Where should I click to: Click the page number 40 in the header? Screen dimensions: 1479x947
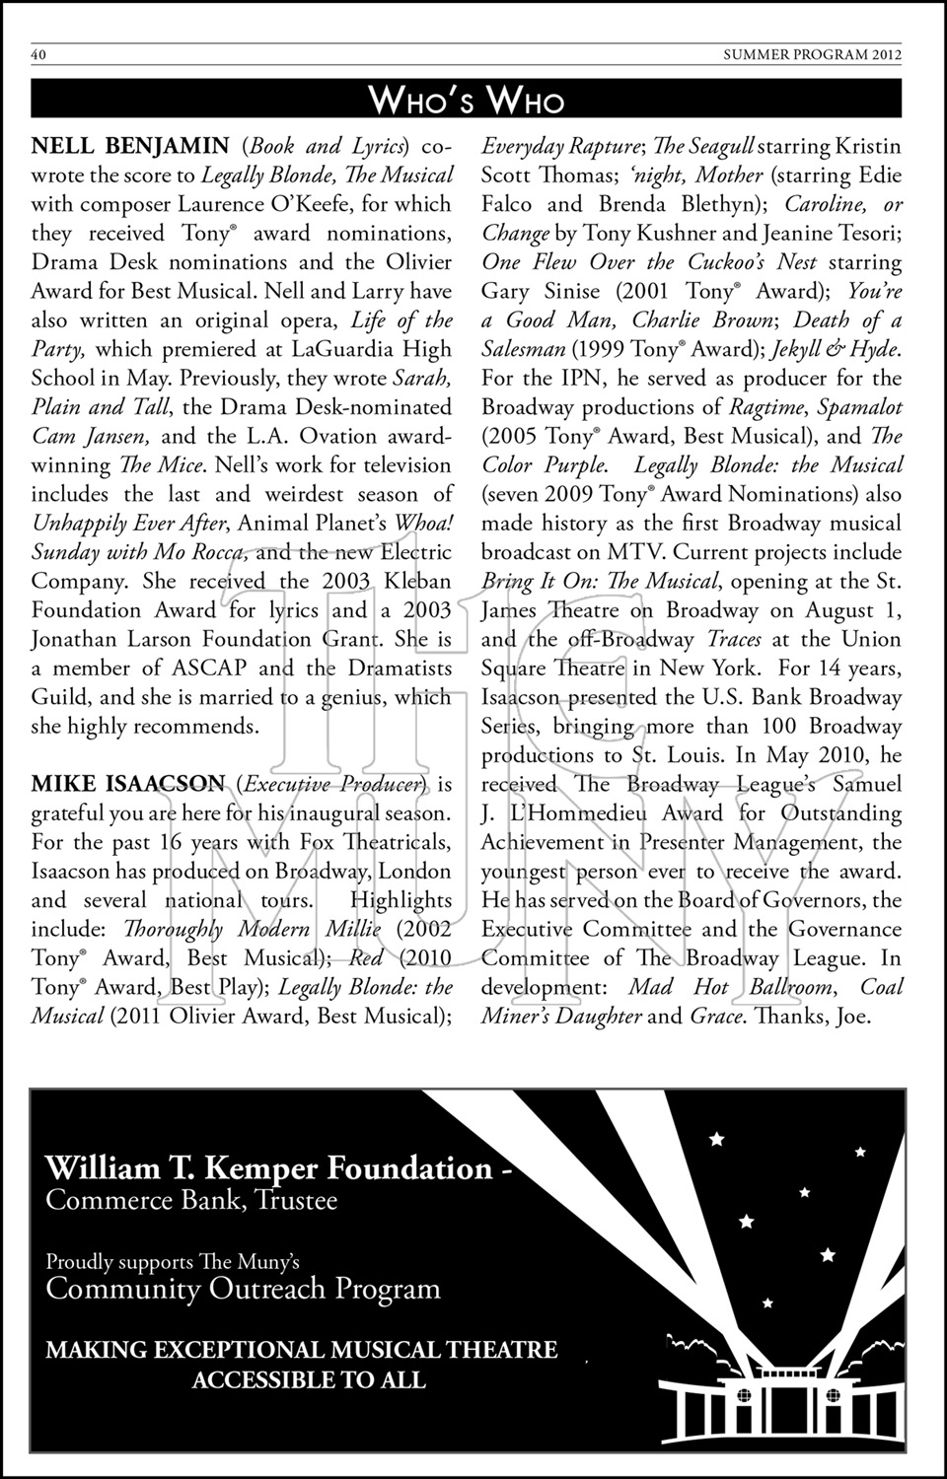pos(38,55)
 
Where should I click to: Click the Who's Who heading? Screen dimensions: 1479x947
pos(467,100)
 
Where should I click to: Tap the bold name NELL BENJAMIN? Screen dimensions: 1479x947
pos(130,147)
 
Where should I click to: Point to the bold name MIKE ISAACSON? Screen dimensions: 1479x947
pos(128,785)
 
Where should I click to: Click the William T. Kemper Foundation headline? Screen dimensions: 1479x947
pos(268,1168)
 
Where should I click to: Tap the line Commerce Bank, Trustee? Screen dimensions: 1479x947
pos(191,1200)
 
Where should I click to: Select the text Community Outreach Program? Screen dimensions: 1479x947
pos(243,1289)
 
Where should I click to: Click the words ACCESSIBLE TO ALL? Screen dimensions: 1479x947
pos(309,1379)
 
